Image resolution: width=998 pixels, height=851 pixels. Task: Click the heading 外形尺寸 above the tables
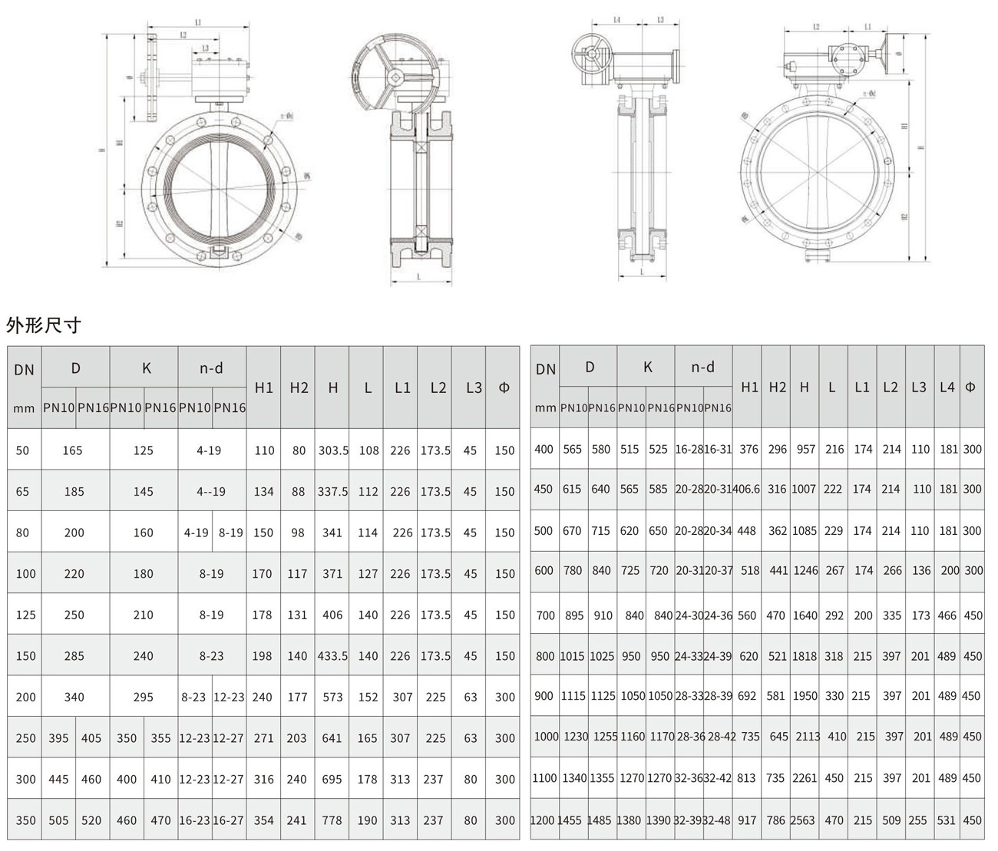[x=43, y=325]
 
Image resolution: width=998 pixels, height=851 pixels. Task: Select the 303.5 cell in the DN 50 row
[x=333, y=450]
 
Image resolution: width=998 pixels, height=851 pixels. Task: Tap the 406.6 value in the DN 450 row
[x=748, y=489]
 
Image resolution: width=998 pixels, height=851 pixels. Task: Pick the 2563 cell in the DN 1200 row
[x=803, y=820]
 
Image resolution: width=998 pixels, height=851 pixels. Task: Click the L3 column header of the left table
[x=474, y=388]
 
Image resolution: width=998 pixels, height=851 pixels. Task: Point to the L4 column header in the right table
[x=947, y=387]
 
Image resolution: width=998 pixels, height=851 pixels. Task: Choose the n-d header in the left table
[x=211, y=368]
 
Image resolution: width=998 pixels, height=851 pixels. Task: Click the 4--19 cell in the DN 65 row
[x=210, y=491]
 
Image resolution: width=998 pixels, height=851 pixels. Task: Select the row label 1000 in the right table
[x=546, y=736]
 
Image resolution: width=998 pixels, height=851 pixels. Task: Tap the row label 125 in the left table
[x=25, y=615]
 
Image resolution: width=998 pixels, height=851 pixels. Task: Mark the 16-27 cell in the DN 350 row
[x=229, y=820]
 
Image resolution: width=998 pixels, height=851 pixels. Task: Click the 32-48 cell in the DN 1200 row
[x=718, y=820]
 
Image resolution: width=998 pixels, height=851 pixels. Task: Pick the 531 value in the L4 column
[x=947, y=820]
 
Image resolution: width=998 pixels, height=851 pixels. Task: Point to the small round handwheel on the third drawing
[x=592, y=54]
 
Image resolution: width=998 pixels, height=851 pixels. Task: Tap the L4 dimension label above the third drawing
[x=616, y=20]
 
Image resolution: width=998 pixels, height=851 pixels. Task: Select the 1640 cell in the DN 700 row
[x=804, y=615]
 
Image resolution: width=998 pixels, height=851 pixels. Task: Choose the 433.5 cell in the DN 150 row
[x=333, y=656]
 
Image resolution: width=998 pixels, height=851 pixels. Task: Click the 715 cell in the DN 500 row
[x=602, y=530]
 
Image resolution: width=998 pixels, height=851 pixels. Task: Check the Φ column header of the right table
[x=970, y=387]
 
